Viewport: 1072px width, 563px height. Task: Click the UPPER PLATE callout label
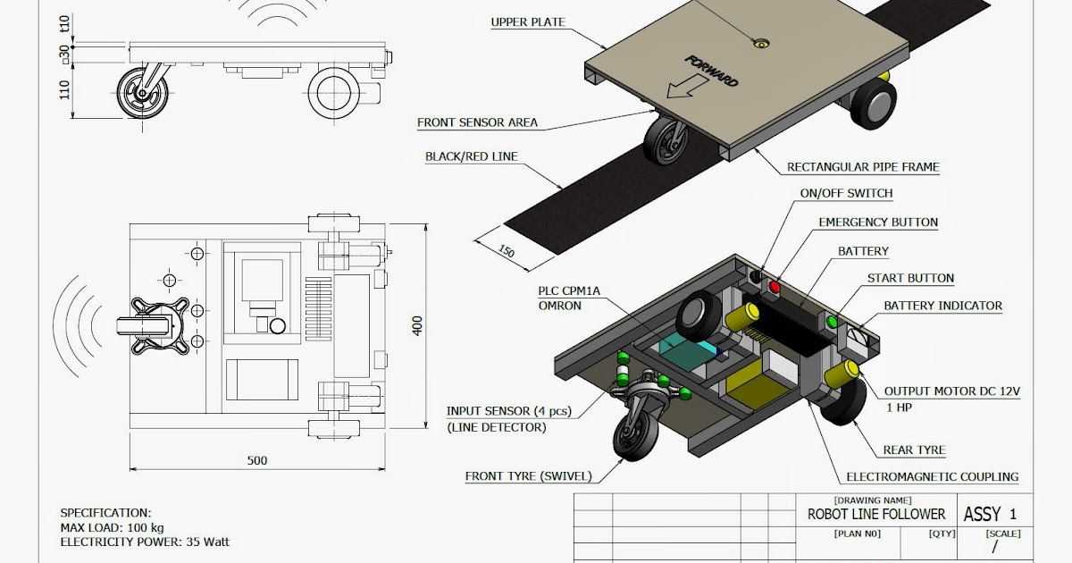[528, 22]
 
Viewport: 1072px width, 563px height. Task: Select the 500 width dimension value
[257, 461]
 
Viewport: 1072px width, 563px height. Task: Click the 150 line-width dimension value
[506, 251]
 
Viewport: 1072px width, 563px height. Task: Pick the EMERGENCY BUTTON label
[878, 223]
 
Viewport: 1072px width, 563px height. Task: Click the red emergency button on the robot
[775, 288]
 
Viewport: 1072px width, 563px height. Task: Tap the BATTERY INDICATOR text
[942, 306]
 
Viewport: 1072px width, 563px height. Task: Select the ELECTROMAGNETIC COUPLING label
[933, 477]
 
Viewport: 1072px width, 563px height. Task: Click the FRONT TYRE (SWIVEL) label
[528, 476]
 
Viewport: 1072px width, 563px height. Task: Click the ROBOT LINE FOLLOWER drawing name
[875, 515]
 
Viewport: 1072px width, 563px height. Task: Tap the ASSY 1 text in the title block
[989, 515]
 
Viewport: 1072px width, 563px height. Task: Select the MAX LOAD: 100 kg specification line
[111, 527]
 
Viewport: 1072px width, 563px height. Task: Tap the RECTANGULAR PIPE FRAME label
[862, 167]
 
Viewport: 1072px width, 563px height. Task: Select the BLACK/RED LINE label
[471, 157]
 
